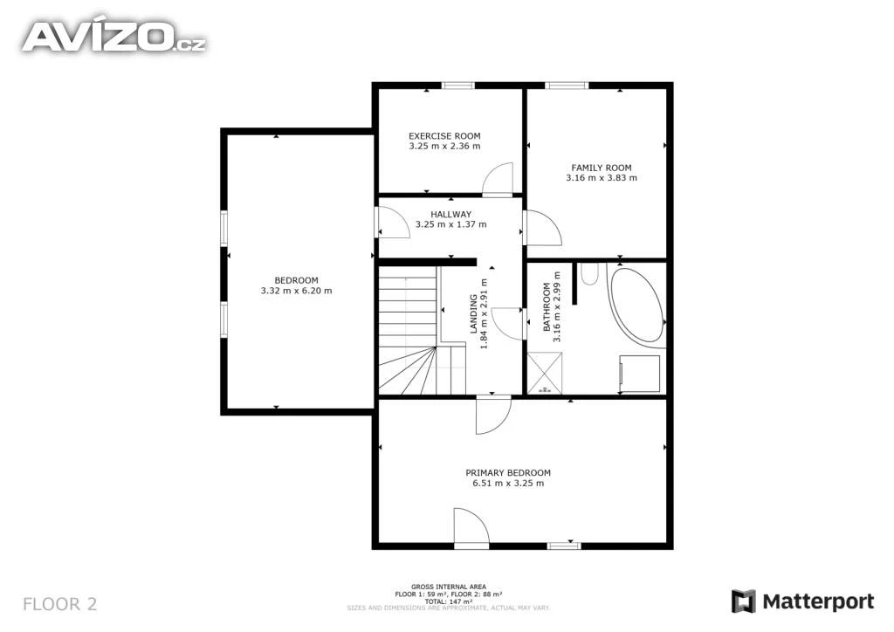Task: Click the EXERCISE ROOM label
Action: pos(444,135)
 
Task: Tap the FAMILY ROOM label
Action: pos(601,168)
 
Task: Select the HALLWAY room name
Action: pos(450,214)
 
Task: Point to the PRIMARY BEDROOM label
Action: pos(508,472)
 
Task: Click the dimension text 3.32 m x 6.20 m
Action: pos(296,291)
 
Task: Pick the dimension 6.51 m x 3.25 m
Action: pos(508,484)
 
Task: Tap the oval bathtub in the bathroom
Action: pos(636,305)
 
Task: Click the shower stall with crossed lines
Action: pos(545,373)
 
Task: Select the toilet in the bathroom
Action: pos(589,273)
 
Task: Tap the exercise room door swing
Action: pos(497,179)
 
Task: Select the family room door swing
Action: pos(542,228)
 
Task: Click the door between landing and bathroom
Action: pos(507,323)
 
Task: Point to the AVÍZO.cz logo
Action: pos(114,37)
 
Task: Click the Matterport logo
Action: pos(803,601)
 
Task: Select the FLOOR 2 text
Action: pos(60,604)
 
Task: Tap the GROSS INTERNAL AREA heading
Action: pos(449,587)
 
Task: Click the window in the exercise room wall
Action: pos(457,86)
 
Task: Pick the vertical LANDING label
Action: pos(473,313)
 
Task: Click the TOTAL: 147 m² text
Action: pos(448,601)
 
